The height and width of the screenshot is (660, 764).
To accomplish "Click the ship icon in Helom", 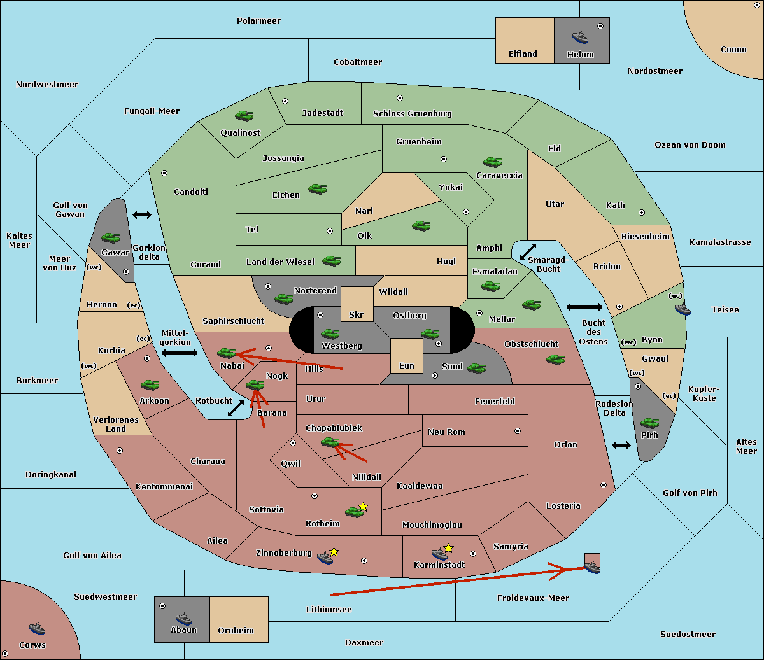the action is point(580,37).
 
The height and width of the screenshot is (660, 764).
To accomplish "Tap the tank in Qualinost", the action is point(244,116).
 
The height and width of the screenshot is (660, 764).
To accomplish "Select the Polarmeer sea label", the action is point(258,21).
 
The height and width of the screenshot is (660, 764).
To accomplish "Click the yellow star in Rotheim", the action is point(363,506).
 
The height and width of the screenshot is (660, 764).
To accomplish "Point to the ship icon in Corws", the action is point(37,628).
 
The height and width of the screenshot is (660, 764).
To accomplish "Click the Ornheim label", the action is point(236,630).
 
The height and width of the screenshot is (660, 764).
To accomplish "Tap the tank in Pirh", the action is point(649,423).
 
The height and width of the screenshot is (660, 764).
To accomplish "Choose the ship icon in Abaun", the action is point(183,618).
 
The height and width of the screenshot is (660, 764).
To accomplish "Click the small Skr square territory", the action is point(357,304).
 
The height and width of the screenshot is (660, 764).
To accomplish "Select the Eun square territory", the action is point(407,356).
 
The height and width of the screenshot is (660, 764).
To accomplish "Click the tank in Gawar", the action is point(111,237).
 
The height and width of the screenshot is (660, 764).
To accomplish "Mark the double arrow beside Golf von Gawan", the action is point(142,214).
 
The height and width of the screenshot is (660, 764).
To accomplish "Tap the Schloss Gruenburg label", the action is point(412,113).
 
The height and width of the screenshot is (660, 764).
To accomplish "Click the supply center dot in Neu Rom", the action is point(518,431).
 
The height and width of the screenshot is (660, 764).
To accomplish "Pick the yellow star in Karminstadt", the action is point(448,547).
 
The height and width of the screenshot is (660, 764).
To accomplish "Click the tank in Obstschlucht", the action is point(556,360).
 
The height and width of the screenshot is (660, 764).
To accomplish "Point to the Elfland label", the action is point(523,54).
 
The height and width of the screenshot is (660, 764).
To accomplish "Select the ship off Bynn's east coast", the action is point(683,309).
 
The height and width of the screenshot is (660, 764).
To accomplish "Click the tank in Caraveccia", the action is point(492,162).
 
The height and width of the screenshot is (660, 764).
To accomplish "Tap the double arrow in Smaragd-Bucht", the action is point(528,251).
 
